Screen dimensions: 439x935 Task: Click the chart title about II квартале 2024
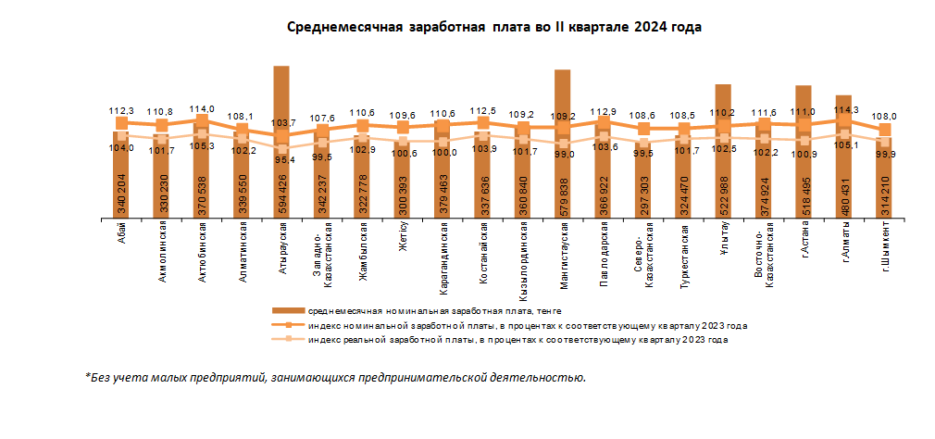point(494,28)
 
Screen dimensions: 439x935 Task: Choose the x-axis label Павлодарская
point(604,248)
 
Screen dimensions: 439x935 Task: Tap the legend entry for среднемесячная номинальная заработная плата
point(435,312)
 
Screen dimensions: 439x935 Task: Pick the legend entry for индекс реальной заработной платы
point(518,340)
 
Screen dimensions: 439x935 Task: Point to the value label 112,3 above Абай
point(121,110)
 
